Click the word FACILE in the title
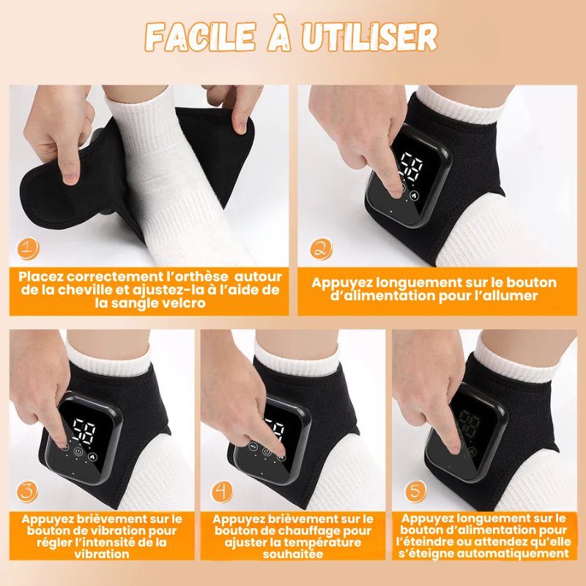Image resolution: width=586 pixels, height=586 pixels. pyautogui.click(x=200, y=37)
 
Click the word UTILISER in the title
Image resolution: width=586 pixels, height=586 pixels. pyautogui.click(x=370, y=37)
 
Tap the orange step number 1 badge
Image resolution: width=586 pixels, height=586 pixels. pyautogui.click(x=28, y=248)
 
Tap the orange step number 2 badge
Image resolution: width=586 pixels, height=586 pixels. pyautogui.click(x=321, y=248)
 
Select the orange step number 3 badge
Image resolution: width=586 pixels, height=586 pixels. pyautogui.click(x=27, y=491)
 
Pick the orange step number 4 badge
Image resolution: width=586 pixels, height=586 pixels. pyautogui.click(x=222, y=491)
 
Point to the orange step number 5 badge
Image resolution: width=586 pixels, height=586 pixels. pyautogui.click(x=416, y=491)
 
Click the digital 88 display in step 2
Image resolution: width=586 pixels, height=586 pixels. pyautogui.click(x=412, y=167)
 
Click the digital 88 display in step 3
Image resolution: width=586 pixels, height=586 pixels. pyautogui.click(x=84, y=431)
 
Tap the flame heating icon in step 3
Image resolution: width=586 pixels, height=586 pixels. pyautogui.click(x=92, y=456)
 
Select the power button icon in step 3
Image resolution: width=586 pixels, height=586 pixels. pyautogui.click(x=78, y=452)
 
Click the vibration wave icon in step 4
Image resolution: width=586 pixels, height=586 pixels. pyautogui.click(x=253, y=446)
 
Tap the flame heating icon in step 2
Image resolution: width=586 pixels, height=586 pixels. pyautogui.click(x=414, y=195)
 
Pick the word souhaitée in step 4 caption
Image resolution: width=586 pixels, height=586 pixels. pyautogui.click(x=293, y=554)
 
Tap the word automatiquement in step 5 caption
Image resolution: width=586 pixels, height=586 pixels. pyautogui.click(x=522, y=554)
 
